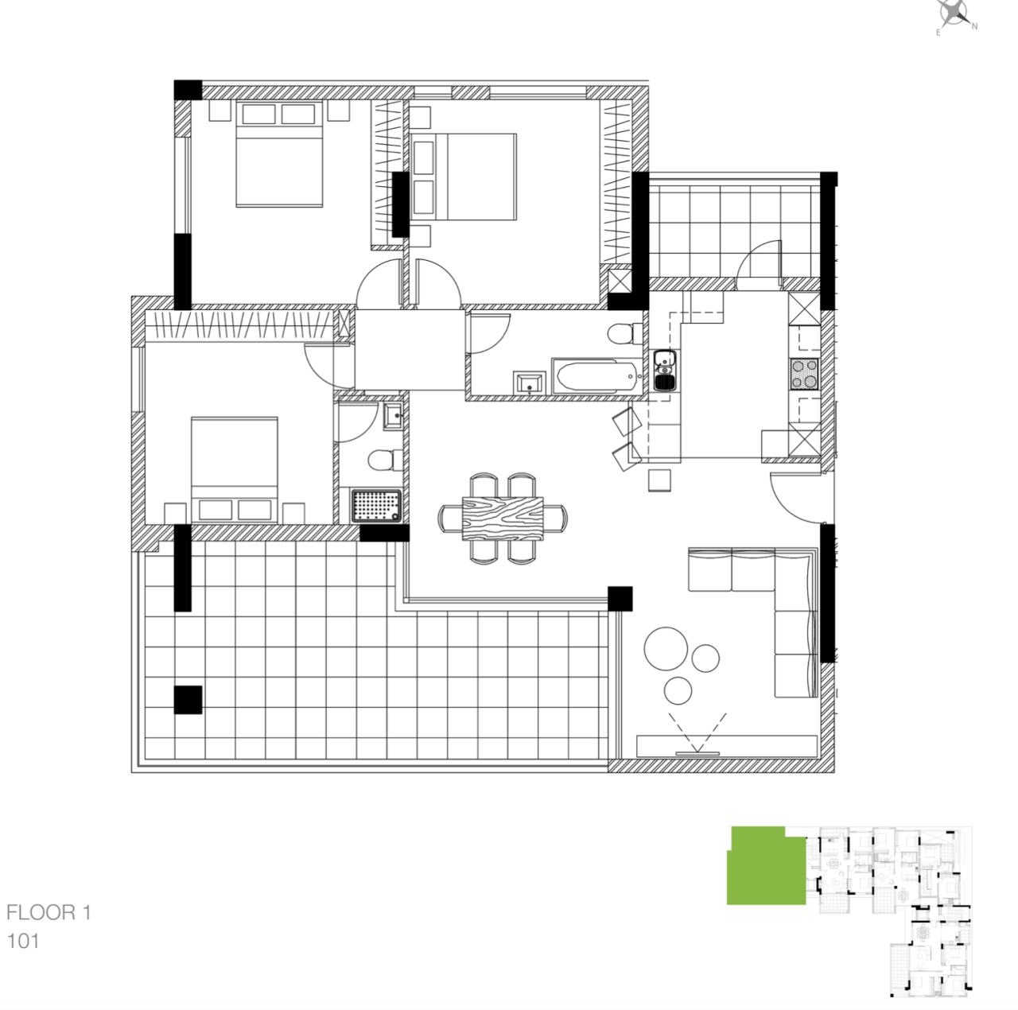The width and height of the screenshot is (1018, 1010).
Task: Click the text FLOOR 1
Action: click(49, 912)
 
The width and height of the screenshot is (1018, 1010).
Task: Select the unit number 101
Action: click(23, 941)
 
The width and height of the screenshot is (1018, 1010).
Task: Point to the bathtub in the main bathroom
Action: click(596, 376)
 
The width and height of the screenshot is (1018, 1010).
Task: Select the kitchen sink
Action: click(664, 371)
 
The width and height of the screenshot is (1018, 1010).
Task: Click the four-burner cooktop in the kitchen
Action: click(804, 374)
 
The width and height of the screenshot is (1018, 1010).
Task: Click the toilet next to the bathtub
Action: click(624, 332)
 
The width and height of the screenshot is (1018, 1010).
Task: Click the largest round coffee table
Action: click(666, 648)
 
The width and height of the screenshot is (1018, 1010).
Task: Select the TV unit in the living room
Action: click(727, 746)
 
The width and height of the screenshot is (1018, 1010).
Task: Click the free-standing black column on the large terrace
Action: click(188, 700)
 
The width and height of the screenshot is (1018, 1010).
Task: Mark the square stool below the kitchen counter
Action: click(659, 480)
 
